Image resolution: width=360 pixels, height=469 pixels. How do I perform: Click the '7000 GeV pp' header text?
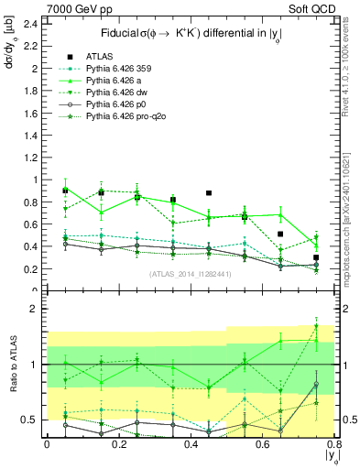click(x=35, y=8)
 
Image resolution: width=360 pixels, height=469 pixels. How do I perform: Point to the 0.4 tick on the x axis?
click(x=190, y=444)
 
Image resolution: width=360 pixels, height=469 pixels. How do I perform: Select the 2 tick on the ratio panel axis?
click(x=34, y=309)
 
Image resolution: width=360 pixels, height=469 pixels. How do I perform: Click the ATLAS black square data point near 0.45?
click(x=209, y=193)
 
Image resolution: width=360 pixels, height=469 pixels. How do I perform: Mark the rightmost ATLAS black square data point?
click(x=316, y=257)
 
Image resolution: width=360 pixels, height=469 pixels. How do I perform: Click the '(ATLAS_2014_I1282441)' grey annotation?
click(x=189, y=274)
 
